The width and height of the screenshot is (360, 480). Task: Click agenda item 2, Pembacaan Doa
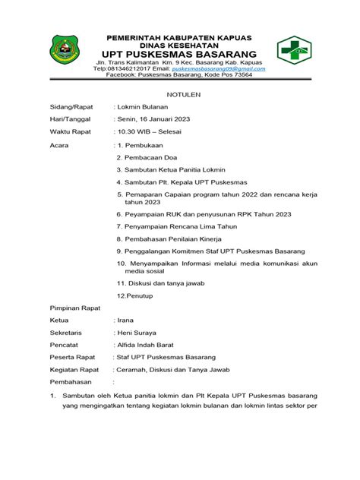(x=144, y=156)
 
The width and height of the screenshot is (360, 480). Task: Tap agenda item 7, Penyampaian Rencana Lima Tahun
(x=178, y=226)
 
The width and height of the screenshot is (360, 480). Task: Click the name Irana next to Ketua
(x=125, y=321)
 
